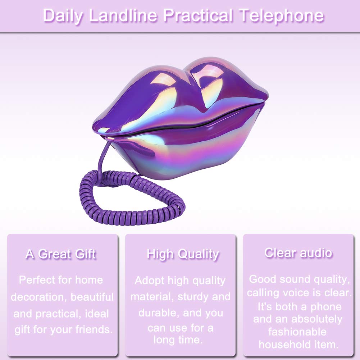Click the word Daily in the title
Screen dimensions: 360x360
click(63, 16)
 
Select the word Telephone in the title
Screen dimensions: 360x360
click(281, 16)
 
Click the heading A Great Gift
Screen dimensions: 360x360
click(61, 254)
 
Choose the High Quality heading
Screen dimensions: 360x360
click(183, 255)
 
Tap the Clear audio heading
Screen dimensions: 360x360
click(298, 253)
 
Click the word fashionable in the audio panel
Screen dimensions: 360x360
click(297, 332)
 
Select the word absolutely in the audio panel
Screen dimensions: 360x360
click(316, 319)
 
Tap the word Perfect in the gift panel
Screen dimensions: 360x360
click(37, 280)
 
